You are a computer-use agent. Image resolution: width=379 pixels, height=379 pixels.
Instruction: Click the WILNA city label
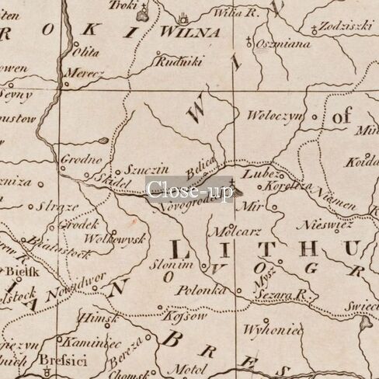189,33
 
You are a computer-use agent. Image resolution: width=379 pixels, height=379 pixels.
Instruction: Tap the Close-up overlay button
189,189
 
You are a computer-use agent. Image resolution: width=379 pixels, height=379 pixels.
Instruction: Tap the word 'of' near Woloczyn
342,117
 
